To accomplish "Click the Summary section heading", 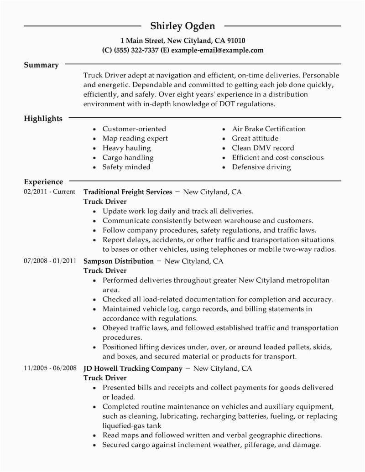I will (41, 65).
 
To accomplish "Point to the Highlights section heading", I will (43, 119).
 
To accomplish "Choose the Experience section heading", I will (43, 182).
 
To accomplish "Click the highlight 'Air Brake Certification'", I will (269, 129).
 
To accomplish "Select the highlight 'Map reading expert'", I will (135, 139).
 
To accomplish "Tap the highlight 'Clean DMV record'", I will (263, 148).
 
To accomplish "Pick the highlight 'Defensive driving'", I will (261, 167).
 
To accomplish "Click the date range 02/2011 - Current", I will (49, 192).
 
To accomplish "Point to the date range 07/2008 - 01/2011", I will (50, 261).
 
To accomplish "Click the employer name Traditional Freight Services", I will (128, 192).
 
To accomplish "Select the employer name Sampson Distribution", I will (119, 261).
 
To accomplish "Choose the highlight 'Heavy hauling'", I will (126, 148).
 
